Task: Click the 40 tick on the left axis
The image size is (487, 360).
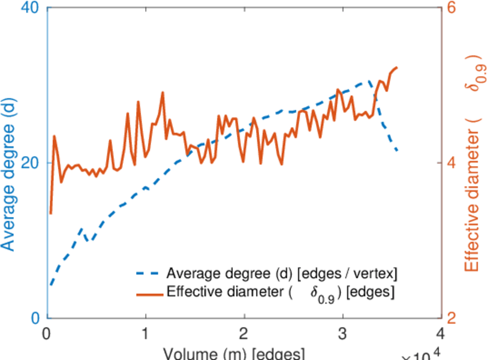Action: (31, 9)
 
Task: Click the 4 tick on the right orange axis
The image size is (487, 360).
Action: (451, 163)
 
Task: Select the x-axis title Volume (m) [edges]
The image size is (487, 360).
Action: (234, 353)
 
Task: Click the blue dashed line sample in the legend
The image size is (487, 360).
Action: (148, 274)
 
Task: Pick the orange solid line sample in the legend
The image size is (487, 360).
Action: (148, 293)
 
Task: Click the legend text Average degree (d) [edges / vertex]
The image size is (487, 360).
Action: (282, 274)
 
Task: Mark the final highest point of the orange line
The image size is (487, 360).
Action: (396, 67)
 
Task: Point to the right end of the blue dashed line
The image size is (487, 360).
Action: (397, 150)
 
